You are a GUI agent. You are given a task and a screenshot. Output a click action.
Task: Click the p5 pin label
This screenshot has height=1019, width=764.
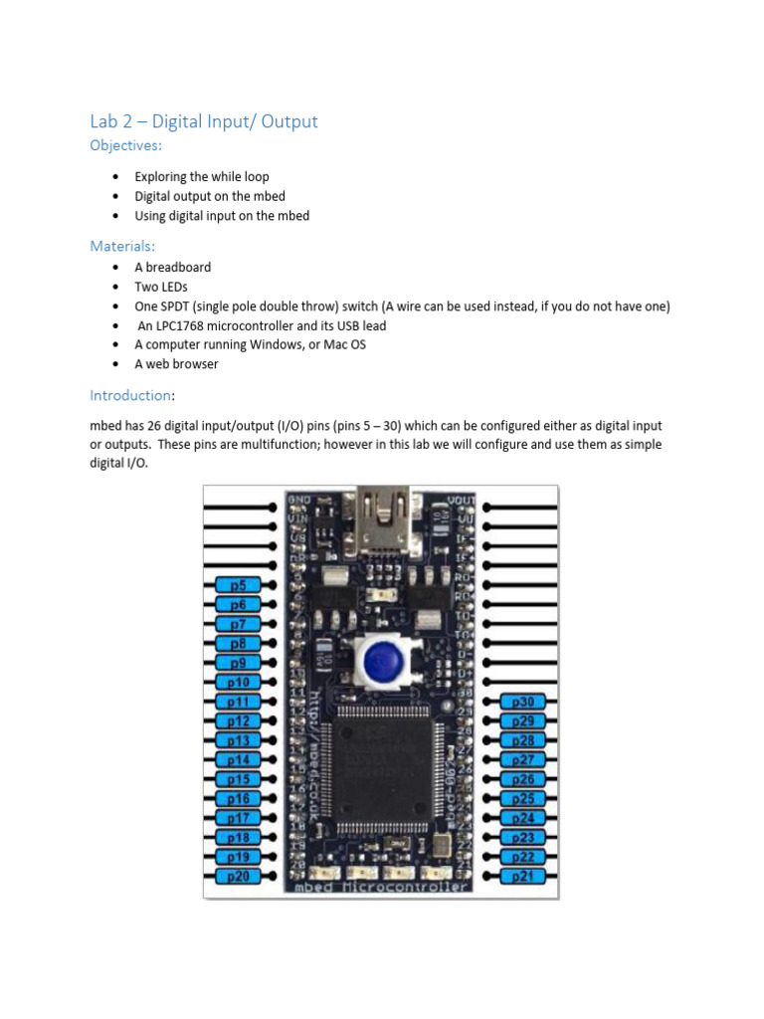point(238,585)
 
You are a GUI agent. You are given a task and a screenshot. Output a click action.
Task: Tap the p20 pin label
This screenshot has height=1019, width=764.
point(238,876)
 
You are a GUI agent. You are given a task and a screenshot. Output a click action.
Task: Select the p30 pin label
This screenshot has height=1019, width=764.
point(522,702)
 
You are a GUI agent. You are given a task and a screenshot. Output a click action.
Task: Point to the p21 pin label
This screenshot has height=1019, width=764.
point(522,876)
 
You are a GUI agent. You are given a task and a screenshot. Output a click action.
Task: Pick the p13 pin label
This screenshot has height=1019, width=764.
point(238,740)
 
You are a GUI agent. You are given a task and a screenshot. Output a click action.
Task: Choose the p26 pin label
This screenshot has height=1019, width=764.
point(522,779)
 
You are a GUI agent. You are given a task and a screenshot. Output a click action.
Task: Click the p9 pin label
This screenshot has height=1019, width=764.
point(238,663)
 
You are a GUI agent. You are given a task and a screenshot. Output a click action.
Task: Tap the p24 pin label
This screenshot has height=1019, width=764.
point(522,818)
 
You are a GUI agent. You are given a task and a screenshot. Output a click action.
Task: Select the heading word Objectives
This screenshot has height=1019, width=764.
point(125,146)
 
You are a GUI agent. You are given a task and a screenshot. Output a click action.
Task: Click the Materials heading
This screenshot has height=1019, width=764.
point(122,245)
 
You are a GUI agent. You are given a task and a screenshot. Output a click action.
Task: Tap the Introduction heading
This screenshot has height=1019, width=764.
point(129,395)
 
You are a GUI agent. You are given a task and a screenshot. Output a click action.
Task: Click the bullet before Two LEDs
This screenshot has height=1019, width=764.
point(115,287)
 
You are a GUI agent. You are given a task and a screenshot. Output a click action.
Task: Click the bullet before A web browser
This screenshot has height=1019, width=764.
point(115,364)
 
